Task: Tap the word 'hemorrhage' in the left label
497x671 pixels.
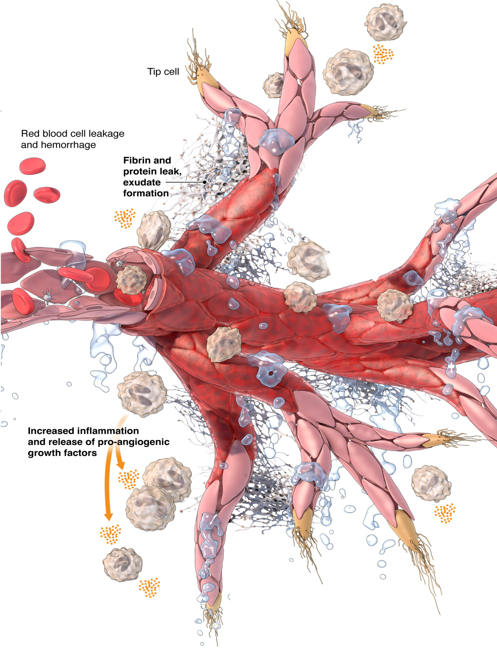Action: click(68, 145)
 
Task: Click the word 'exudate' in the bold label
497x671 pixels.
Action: click(142, 182)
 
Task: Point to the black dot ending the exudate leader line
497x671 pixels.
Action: click(205, 182)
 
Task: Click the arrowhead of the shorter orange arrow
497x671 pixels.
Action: click(121, 466)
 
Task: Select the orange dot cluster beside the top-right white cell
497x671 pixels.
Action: click(383, 54)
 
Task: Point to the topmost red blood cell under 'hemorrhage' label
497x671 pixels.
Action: click(33, 166)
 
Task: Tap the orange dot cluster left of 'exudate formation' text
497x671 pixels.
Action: click(125, 218)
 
